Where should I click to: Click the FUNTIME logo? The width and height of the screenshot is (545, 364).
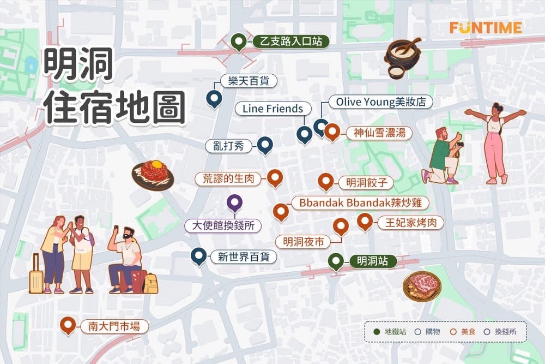[486, 27]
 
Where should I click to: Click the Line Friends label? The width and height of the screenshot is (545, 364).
[272, 109]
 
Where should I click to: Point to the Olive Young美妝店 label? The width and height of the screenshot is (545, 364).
[380, 102]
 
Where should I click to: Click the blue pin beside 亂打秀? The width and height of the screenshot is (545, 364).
[265, 145]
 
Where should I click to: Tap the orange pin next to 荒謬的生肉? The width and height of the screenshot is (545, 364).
[274, 178]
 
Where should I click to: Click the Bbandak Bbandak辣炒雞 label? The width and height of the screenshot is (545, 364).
[360, 202]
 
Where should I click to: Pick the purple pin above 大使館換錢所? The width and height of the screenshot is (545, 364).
[234, 204]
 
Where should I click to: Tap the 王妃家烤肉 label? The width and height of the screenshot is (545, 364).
[410, 223]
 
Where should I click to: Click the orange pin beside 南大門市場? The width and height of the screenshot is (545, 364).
[68, 325]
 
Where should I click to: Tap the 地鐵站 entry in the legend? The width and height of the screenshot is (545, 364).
[391, 331]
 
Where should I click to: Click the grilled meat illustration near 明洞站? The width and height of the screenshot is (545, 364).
[421, 285]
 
